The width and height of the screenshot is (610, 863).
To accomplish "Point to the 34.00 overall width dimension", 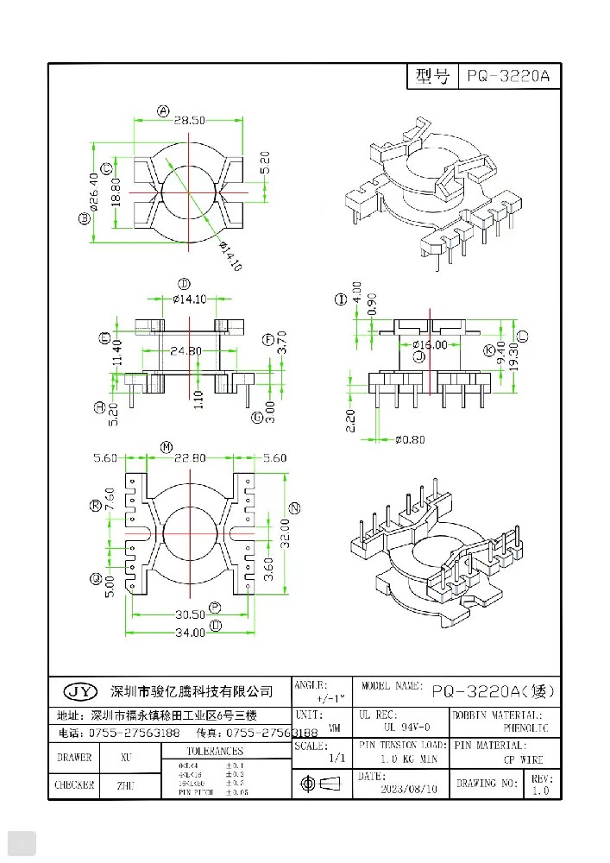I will [x=190, y=632].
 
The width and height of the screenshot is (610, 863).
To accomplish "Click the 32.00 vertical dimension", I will [x=283, y=531].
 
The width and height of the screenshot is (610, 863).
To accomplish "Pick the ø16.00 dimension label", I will [x=429, y=344].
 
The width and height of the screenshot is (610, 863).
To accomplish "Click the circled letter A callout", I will [x=161, y=110].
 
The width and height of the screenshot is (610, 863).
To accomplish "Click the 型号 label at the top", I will [x=431, y=77].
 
